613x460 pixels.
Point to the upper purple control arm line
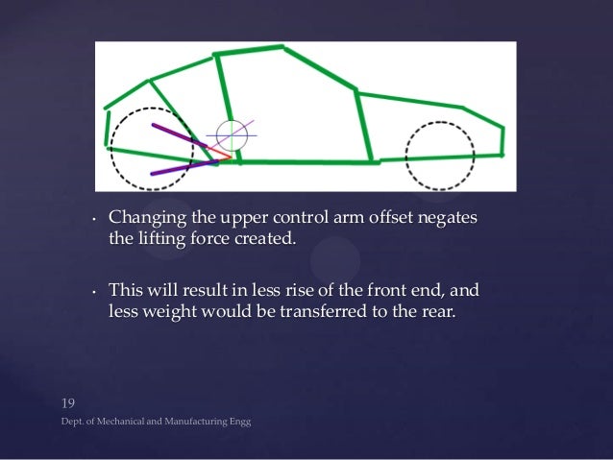click(x=179, y=134)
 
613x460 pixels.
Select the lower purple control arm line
click(x=183, y=168)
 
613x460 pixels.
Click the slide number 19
click(x=68, y=401)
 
